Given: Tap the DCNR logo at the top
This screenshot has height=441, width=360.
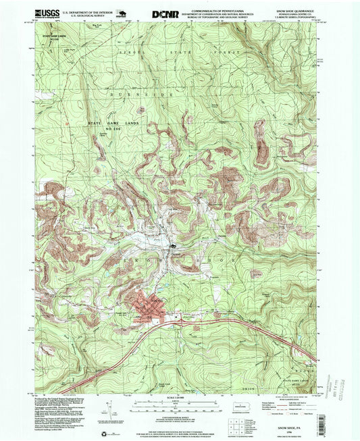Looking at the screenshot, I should [x=164, y=13].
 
